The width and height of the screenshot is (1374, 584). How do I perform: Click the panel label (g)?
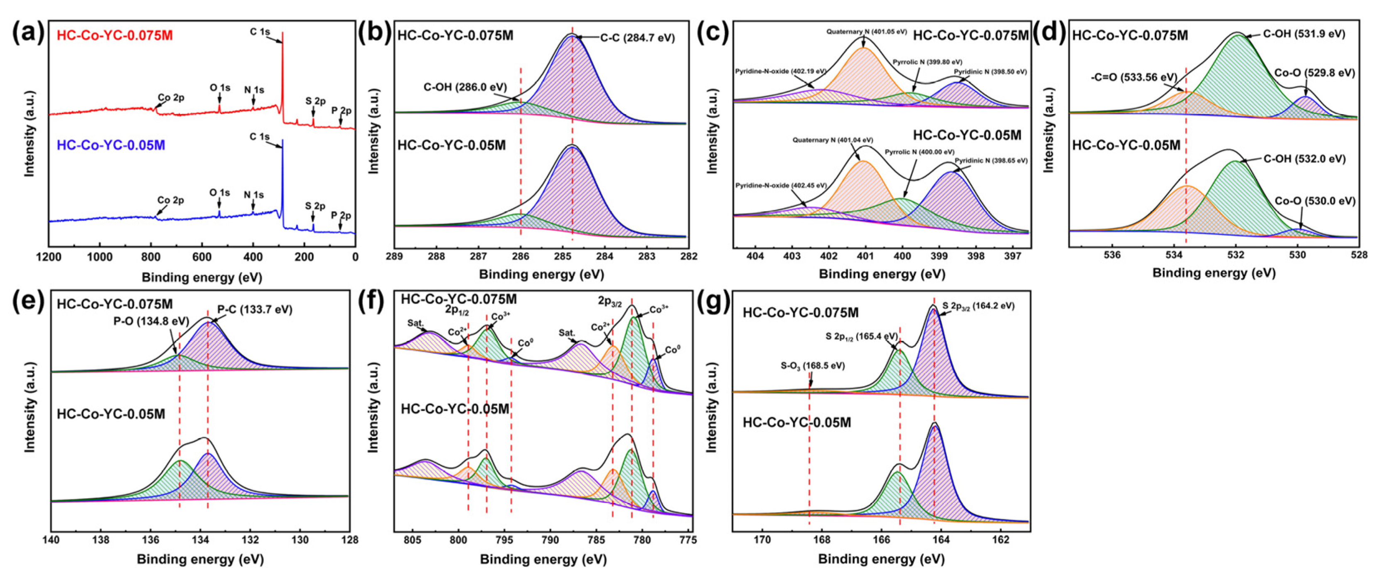(x=716, y=302)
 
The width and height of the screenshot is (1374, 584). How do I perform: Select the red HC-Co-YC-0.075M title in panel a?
(x=115, y=36)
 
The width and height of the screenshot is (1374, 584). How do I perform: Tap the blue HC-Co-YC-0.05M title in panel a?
(x=111, y=145)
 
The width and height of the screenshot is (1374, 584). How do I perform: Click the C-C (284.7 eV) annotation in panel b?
(x=637, y=38)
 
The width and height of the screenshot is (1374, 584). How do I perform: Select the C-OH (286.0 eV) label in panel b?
(x=465, y=86)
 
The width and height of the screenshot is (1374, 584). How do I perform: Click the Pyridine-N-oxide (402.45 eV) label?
(x=781, y=186)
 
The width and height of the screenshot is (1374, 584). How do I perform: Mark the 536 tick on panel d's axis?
(x=1111, y=255)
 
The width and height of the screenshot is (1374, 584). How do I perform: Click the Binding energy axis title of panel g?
(x=881, y=559)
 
